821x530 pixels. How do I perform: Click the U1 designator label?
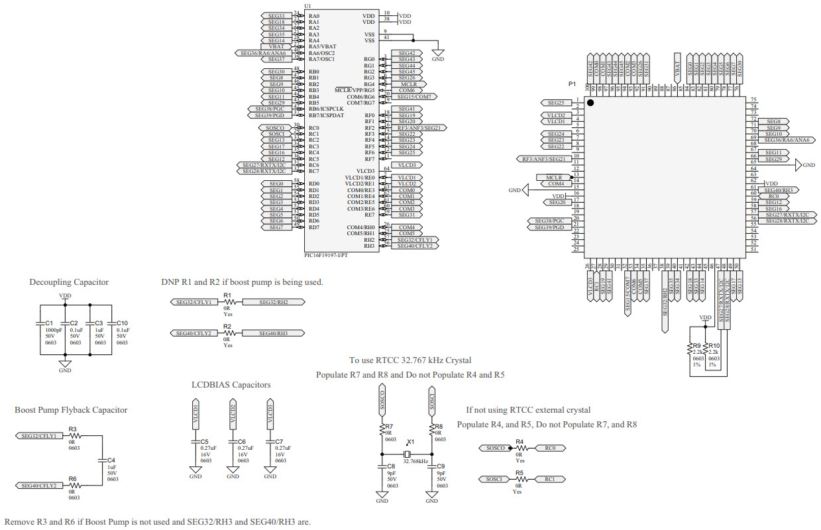(x=307, y=7)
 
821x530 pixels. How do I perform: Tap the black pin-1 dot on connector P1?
(x=590, y=103)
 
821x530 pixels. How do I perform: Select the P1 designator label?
(x=573, y=84)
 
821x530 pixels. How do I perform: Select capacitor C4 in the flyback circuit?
(x=102, y=459)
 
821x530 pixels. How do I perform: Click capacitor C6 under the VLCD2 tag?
(x=233, y=441)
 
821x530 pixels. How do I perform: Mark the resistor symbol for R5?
(x=519, y=479)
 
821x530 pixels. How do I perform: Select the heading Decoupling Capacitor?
(x=69, y=282)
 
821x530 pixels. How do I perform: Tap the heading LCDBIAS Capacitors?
(x=231, y=385)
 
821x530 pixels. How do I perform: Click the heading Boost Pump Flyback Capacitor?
(x=71, y=410)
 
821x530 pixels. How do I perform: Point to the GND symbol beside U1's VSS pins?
(x=437, y=52)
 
